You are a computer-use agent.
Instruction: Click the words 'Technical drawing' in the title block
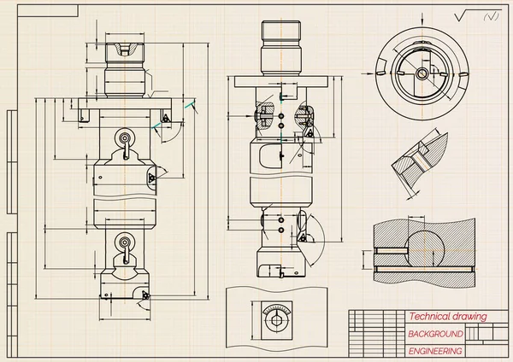point(446,317)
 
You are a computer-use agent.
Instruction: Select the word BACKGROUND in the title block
point(435,333)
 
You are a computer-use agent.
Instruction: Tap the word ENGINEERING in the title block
point(435,351)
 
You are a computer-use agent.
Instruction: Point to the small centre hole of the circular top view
point(421,74)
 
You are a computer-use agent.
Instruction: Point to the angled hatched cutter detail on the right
point(419,155)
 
